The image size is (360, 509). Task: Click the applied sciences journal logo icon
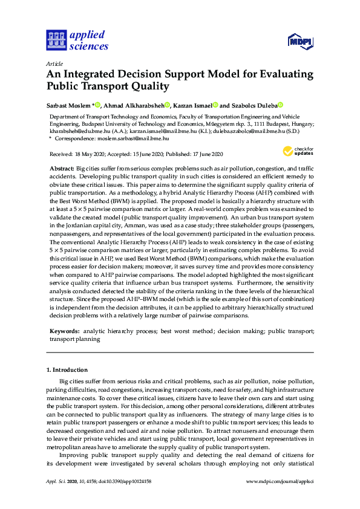[x=56, y=41]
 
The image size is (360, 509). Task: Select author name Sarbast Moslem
[x=68, y=105]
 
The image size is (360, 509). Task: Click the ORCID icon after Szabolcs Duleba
[x=281, y=105]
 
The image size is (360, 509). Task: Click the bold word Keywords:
[x=64, y=332]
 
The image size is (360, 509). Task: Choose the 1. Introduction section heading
[x=67, y=369]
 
